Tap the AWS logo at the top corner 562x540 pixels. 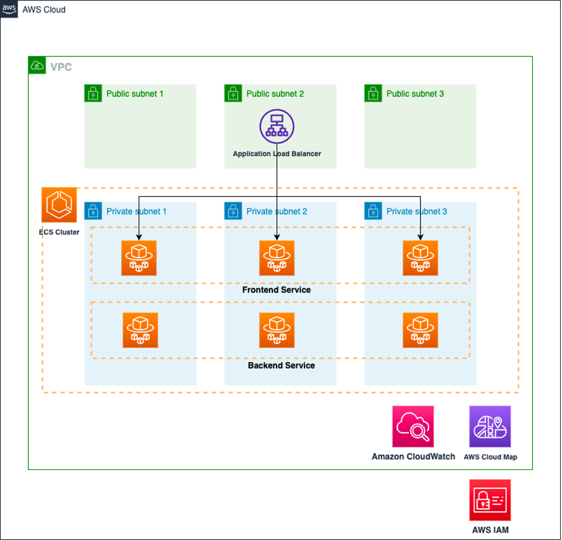[x=9, y=9]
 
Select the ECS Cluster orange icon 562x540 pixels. [x=59, y=205]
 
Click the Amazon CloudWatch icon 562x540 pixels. [x=413, y=427]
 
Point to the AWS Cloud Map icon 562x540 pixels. [x=490, y=427]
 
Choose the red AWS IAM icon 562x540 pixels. [x=490, y=500]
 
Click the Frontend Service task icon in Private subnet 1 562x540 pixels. [x=139, y=258]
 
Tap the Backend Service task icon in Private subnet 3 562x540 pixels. [x=420, y=330]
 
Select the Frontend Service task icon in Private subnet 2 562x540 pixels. [x=277, y=258]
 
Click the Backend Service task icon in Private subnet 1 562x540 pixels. [x=140, y=330]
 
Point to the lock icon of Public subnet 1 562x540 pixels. [x=93, y=93]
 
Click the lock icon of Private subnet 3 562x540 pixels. [x=373, y=211]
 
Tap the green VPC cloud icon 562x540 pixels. [x=37, y=65]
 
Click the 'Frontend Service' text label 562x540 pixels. [x=276, y=290]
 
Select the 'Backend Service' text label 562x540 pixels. [x=281, y=365]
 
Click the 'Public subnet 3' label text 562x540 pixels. [x=415, y=94]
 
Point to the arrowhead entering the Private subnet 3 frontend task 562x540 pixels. [x=420, y=237]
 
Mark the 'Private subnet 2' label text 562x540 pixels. [x=277, y=211]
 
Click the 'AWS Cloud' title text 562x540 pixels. [x=44, y=10]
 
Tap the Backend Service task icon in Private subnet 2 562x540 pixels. [x=277, y=330]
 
